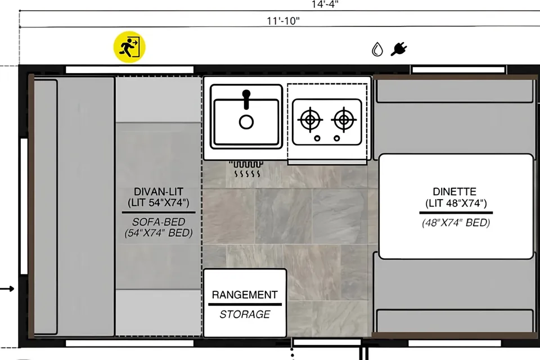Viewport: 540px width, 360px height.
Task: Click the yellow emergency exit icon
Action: (129, 47)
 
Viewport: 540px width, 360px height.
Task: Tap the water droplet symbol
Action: (377, 49)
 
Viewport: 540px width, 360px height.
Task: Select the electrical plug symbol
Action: (399, 49)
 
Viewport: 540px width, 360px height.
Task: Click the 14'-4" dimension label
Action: (325, 4)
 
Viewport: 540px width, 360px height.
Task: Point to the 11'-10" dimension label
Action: (283, 21)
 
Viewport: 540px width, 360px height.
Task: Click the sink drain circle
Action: (246, 122)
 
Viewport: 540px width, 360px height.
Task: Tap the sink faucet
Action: (246, 99)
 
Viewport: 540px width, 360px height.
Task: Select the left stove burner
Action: (310, 120)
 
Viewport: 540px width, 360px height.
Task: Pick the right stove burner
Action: (344, 120)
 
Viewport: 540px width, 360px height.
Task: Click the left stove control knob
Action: (317, 138)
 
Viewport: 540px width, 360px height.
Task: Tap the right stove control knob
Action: (337, 138)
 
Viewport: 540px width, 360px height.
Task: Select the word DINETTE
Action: (454, 192)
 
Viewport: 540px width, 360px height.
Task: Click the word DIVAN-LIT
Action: (159, 192)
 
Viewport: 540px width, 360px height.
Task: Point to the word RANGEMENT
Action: (245, 295)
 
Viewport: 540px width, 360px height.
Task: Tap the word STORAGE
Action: (245, 314)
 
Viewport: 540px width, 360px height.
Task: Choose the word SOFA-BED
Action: (159, 222)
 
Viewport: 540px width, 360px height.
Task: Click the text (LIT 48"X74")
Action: (456, 203)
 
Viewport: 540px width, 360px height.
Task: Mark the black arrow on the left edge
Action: (7, 289)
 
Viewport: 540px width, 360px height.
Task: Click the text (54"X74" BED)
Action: (159, 233)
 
